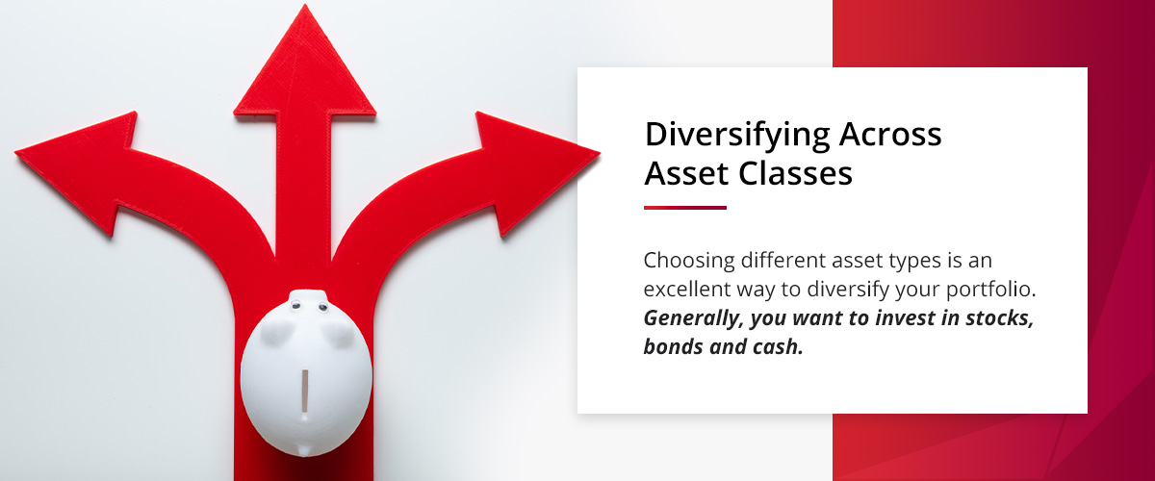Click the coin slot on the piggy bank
(x=306, y=391)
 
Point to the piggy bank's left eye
(x=295, y=307)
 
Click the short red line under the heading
(x=684, y=207)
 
